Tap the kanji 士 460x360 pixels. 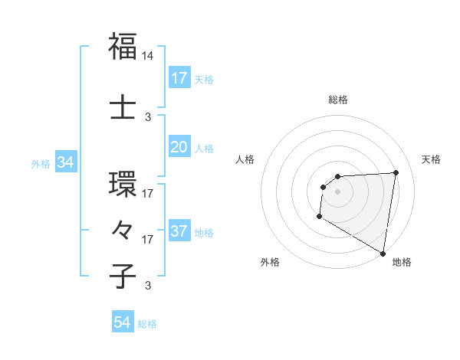[x=123, y=106]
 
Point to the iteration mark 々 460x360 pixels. [x=123, y=230]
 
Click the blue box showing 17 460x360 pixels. [x=179, y=78]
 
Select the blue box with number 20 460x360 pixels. [x=179, y=147]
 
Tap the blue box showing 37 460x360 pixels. [x=179, y=232]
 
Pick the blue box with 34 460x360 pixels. [x=65, y=162]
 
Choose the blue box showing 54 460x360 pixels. [x=123, y=323]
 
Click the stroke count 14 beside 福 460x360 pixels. [x=148, y=56]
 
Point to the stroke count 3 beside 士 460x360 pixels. [x=148, y=117]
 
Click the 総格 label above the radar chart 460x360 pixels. [x=338, y=100]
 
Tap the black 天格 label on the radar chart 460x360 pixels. [x=432, y=159]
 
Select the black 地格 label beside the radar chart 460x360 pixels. [x=402, y=262]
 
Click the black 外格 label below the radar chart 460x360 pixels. [x=270, y=262]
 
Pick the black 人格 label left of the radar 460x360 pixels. [x=245, y=159]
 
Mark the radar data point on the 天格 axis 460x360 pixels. [x=396, y=172]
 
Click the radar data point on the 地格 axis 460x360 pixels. [x=383, y=254]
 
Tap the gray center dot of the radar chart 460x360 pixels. [x=337, y=191]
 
